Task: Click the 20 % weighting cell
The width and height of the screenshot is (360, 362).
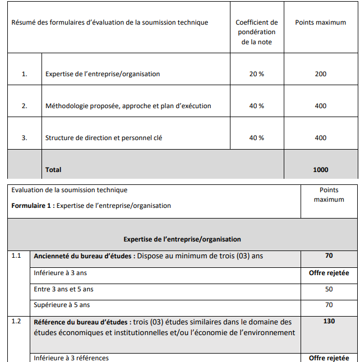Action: tap(257, 74)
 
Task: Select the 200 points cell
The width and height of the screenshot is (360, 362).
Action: tap(321, 74)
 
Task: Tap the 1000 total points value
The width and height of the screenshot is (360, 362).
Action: tap(321, 170)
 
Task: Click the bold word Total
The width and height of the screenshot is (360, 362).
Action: tap(53, 170)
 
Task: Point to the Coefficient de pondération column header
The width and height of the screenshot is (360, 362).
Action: tap(257, 32)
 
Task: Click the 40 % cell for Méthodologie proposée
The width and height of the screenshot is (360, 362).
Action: tap(257, 106)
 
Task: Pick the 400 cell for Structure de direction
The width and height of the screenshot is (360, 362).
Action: tap(321, 138)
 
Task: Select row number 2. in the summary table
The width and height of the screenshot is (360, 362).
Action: tap(24, 106)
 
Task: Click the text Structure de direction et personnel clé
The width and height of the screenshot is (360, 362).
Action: tap(104, 138)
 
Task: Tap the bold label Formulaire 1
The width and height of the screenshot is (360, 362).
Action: tap(32, 206)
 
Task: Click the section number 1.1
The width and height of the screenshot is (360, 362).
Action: tap(16, 256)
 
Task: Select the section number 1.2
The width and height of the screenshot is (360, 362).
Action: tap(16, 322)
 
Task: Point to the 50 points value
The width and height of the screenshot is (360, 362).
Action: tap(329, 289)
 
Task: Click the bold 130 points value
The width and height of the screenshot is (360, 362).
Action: tap(329, 322)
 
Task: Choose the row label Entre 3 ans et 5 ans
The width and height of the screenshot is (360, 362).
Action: tap(64, 289)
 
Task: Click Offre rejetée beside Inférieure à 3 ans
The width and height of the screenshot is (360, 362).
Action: tap(329, 273)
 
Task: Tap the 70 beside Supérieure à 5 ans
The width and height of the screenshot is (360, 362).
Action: tap(329, 305)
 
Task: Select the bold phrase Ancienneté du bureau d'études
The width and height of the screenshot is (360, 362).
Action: tap(82, 256)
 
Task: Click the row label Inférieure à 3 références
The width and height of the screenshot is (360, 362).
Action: tap(71, 358)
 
